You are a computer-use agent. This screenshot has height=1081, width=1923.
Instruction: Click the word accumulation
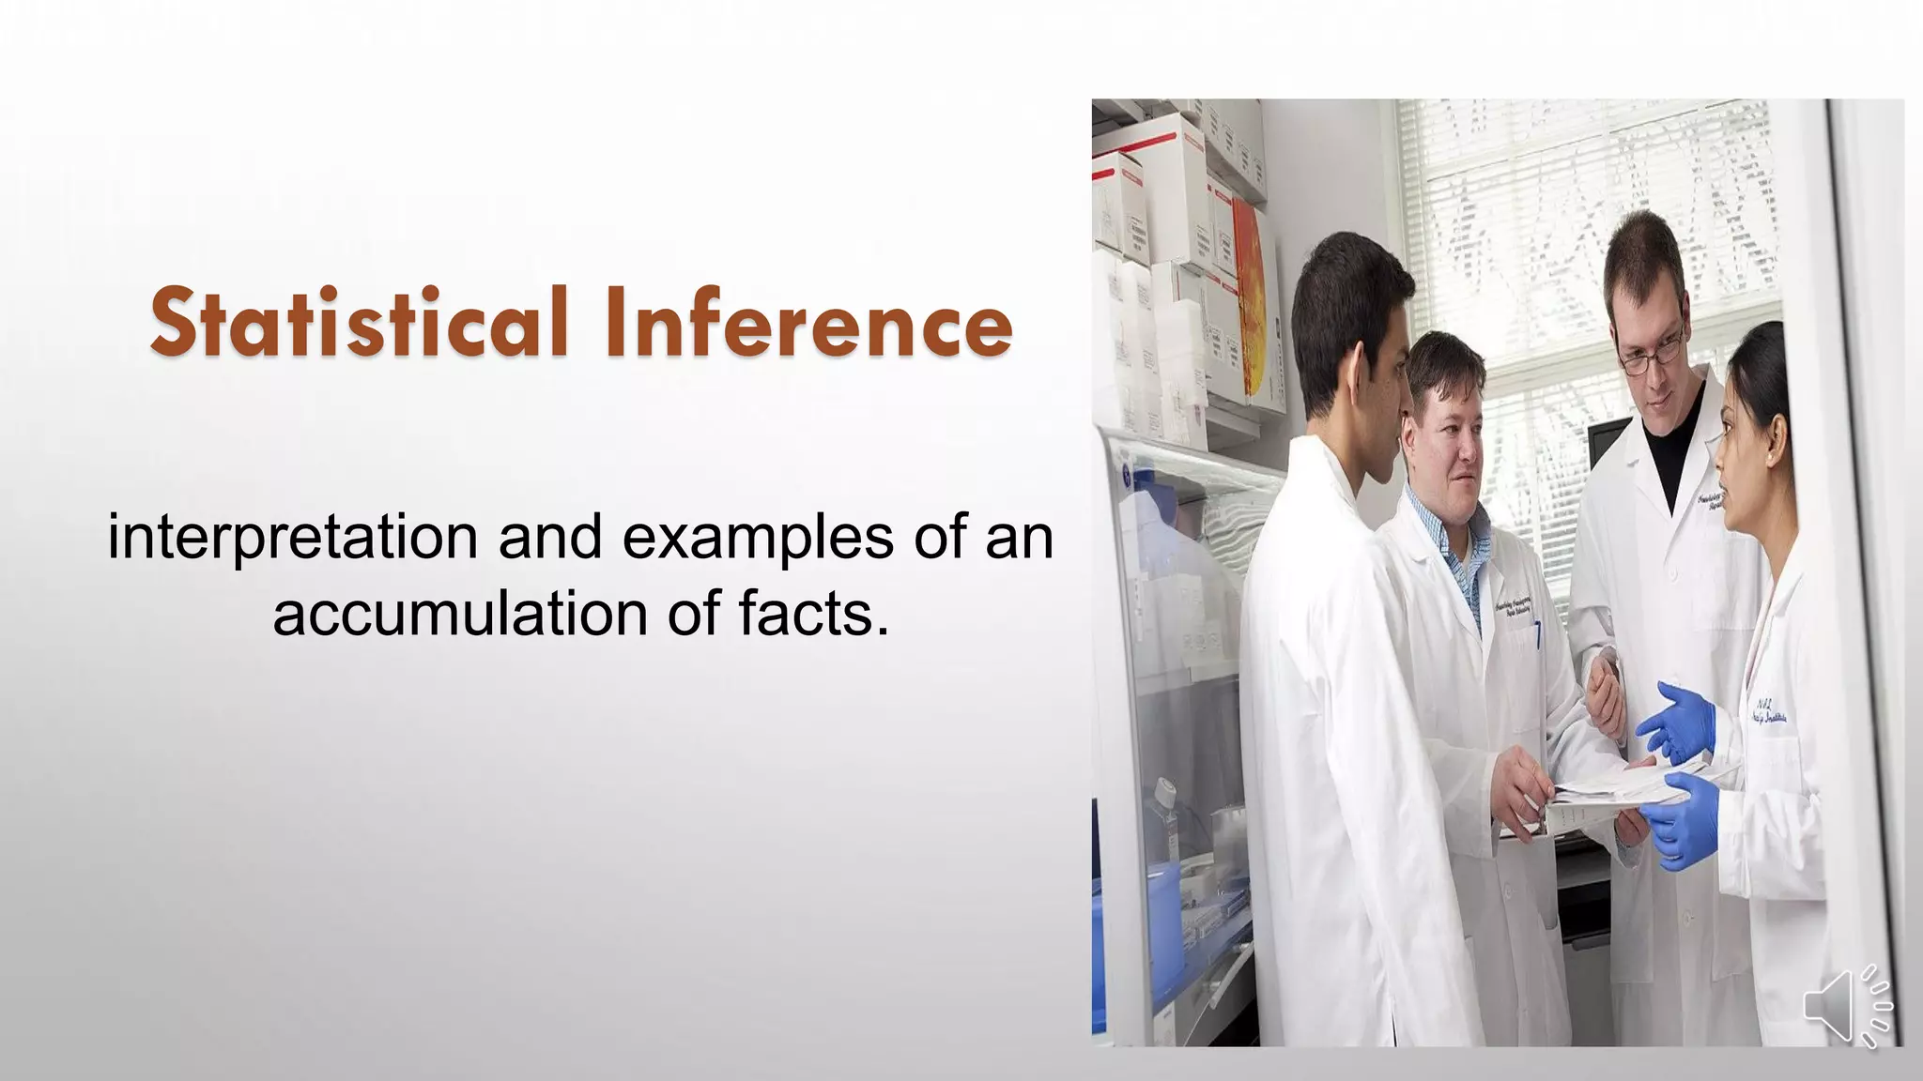point(460,615)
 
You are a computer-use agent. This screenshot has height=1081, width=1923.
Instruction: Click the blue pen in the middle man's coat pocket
point(1538,637)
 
